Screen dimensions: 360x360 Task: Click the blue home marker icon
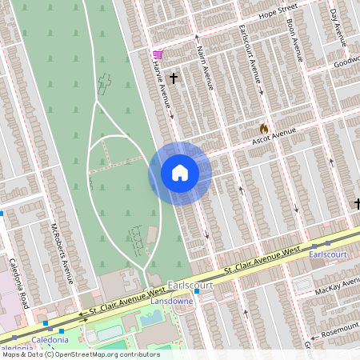[x=179, y=173]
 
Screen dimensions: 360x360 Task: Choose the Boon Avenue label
[x=294, y=44]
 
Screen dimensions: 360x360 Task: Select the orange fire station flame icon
[x=263, y=128]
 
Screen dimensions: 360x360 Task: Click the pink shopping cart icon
[x=158, y=54]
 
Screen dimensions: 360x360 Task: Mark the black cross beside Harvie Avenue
[x=173, y=78]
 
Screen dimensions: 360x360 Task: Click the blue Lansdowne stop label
[x=174, y=303]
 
